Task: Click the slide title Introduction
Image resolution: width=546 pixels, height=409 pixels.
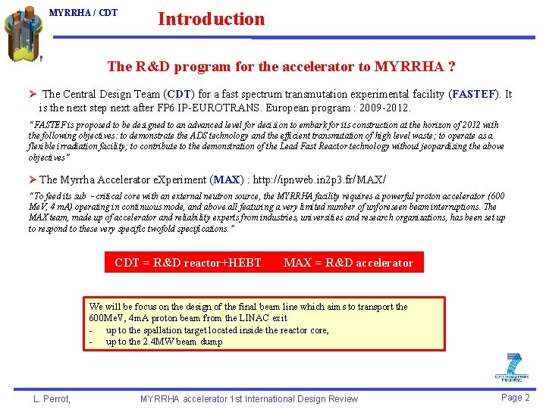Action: (x=211, y=19)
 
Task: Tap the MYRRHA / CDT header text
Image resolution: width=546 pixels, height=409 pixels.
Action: (x=83, y=13)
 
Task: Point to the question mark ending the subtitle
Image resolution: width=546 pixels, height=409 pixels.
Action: (x=452, y=67)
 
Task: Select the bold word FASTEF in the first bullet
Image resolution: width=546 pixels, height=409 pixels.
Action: (x=473, y=95)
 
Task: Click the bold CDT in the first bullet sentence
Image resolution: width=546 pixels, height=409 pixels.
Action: (x=179, y=95)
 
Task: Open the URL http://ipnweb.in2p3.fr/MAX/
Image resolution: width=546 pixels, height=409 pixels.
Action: (x=316, y=180)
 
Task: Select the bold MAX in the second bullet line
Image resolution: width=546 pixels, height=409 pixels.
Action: (x=227, y=180)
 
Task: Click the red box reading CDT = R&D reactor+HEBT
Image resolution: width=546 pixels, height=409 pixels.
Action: (x=188, y=263)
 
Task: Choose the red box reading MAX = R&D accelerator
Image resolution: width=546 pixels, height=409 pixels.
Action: (x=348, y=263)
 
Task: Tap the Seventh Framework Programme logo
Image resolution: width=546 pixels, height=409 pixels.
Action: (x=512, y=367)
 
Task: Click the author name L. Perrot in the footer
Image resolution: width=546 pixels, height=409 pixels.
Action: (x=52, y=398)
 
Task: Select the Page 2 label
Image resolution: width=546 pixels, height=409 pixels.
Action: (x=516, y=398)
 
